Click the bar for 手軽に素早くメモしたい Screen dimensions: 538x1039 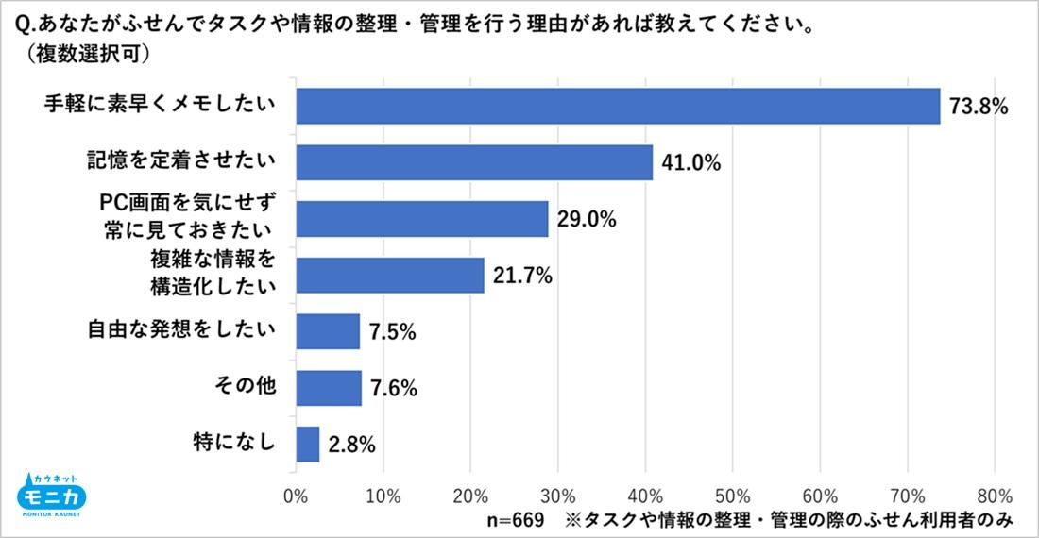(x=618, y=106)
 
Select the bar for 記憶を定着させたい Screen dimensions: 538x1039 (x=474, y=162)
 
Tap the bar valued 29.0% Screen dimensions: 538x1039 (x=422, y=219)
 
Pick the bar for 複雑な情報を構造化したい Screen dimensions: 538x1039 (x=390, y=275)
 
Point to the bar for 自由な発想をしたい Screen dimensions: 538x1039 (x=328, y=331)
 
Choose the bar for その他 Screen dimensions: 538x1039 (x=329, y=387)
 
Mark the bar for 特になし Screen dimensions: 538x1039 (x=308, y=444)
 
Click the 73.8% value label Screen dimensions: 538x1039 (x=979, y=107)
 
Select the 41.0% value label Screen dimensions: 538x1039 (x=691, y=163)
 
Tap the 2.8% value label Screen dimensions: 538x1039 (x=352, y=445)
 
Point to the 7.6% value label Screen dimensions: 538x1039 (x=394, y=388)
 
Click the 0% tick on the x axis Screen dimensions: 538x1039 (x=296, y=495)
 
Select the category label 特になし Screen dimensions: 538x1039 (x=240, y=442)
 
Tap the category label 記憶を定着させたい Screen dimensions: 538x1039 (x=177, y=160)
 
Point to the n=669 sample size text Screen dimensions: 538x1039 (x=515, y=519)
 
